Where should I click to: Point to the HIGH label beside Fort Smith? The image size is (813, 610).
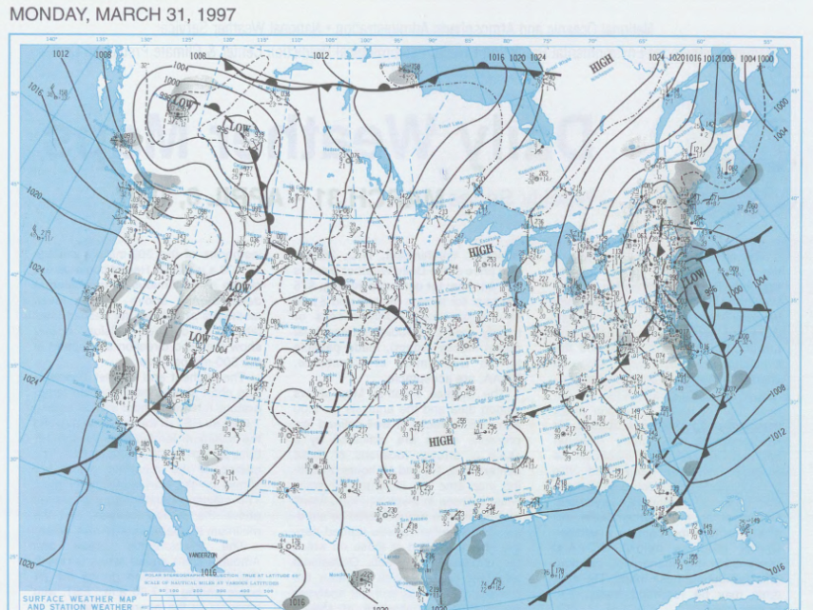pyautogui.click(x=441, y=441)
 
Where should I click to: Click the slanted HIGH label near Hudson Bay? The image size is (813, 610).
pyautogui.click(x=601, y=67)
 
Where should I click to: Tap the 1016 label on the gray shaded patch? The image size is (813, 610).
pyautogui.click(x=296, y=601)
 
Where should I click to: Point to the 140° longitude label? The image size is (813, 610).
pyautogui.click(x=53, y=39)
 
